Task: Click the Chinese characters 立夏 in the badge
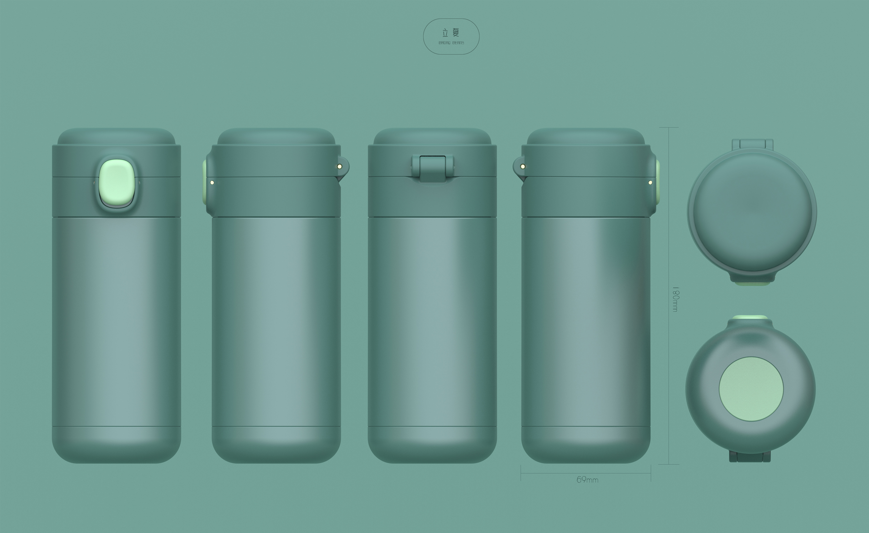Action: coord(451,33)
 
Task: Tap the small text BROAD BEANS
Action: coord(451,43)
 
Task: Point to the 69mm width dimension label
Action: coord(587,480)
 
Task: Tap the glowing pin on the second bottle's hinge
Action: coord(339,166)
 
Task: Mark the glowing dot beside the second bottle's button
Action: coord(212,183)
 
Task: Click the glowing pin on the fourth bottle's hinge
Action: coord(523,166)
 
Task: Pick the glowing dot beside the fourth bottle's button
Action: coord(650,183)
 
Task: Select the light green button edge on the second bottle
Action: coord(204,182)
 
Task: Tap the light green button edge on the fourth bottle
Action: coord(658,182)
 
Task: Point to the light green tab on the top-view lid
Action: coord(752,283)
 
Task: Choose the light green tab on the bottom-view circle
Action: coord(750,317)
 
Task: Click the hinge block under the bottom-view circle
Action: coord(750,457)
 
